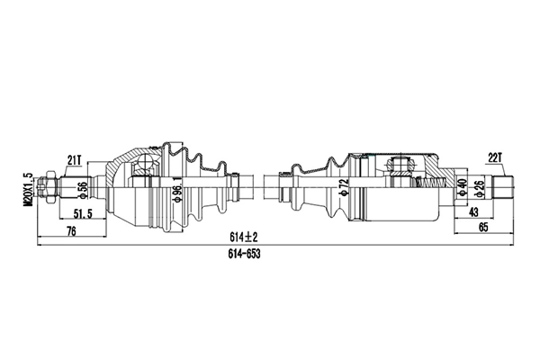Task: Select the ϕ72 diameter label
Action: coord(342,189)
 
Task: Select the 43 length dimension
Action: coord(473,213)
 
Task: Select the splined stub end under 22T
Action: coord(507,189)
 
